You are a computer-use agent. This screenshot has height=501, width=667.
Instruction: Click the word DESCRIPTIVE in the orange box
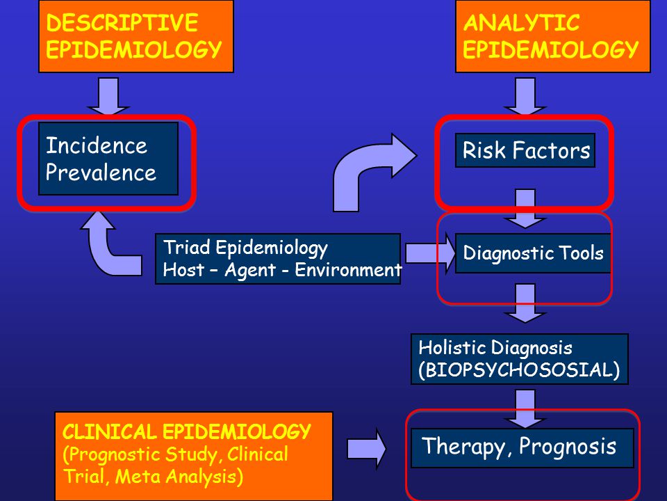pos(122,22)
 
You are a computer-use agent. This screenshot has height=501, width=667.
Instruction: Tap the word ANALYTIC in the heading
pos(521,22)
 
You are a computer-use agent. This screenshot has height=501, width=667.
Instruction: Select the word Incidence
pos(97,145)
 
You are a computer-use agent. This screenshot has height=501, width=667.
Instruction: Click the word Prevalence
pos(101,173)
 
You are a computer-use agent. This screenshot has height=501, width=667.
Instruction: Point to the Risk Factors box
pos(525,150)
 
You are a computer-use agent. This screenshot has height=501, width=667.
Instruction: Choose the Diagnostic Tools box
pos(533,253)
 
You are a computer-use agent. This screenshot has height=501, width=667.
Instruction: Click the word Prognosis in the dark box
pos(568,447)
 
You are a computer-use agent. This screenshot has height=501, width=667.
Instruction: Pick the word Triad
pos(187,248)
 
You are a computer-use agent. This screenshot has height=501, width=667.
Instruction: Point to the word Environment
pos(348,270)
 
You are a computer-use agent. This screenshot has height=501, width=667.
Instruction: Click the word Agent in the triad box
pos(250,271)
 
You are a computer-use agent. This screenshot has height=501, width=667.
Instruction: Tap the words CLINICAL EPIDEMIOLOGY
pos(187,432)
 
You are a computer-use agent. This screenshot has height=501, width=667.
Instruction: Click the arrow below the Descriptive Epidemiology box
pos(108,96)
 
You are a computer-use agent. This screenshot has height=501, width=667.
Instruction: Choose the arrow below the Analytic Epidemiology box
pos(525,96)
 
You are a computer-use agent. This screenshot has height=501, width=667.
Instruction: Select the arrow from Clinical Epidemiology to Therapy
pos(366,449)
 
